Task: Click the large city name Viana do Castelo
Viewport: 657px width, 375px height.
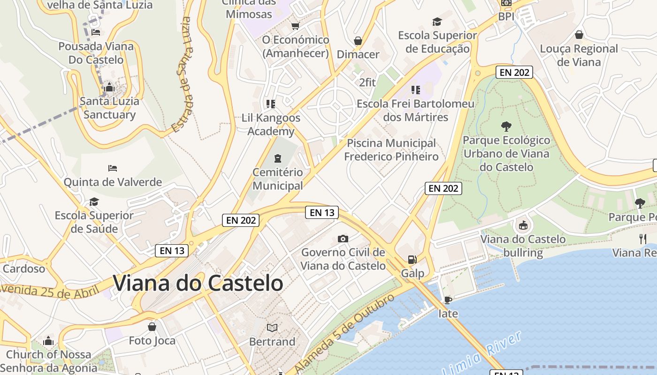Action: pos(198,283)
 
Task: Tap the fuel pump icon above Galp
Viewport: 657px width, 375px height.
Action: pos(412,259)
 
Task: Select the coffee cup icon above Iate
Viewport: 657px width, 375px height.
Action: pos(448,300)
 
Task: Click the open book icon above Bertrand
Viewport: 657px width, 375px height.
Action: pos(272,328)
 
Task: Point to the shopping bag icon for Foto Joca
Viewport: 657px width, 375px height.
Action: pos(152,326)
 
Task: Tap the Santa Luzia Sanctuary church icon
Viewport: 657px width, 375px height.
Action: pos(109,87)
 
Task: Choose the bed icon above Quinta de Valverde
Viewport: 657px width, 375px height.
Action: pos(112,168)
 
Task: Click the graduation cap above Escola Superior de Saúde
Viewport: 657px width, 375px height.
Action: pos(94,202)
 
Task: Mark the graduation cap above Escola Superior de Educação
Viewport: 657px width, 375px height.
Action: pos(437,22)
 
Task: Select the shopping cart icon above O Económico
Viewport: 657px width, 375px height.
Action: pos(295,26)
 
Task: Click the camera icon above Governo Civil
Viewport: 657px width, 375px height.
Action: pos(343,239)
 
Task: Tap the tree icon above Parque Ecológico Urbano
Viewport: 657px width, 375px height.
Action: pos(506,126)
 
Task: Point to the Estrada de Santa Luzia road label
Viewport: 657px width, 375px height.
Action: pos(182,75)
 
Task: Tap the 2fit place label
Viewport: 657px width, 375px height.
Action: pos(367,82)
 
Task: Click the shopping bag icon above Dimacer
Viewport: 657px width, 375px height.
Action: pos(358,41)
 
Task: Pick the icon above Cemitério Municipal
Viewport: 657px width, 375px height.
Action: pos(278,158)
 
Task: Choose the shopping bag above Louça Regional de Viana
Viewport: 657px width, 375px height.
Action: pos(579,35)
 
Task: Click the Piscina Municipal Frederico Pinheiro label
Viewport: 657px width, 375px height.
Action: pos(391,150)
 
